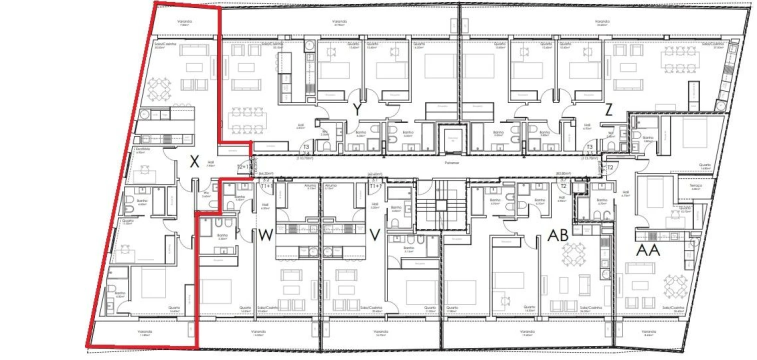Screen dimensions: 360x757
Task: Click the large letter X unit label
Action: coord(195,161)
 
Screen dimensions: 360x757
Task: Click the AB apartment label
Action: coord(558,235)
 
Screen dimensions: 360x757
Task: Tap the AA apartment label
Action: coord(648,250)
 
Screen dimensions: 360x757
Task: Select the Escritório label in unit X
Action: coord(142,149)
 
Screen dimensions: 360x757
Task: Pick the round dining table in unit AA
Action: coord(675,286)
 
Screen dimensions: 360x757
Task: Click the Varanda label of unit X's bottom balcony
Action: coord(145,331)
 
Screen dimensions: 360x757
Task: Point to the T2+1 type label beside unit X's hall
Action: coord(242,167)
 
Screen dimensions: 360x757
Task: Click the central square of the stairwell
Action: coord(440,204)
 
